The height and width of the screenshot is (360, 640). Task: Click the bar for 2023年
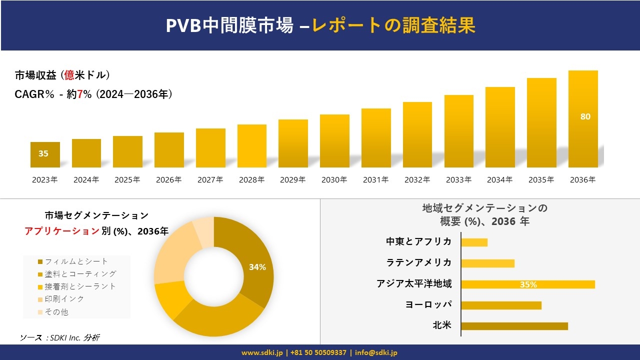pyautogui.click(x=45, y=154)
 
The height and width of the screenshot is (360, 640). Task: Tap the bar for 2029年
pyautogui.click(x=293, y=143)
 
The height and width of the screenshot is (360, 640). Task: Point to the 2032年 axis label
pyautogui.click(x=417, y=180)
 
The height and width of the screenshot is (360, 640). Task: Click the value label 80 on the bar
pyautogui.click(x=585, y=116)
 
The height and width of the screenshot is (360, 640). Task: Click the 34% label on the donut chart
pyautogui.click(x=257, y=267)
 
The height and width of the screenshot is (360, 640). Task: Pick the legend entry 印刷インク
pyautogui.click(x=64, y=299)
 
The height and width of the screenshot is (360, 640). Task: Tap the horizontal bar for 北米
pyautogui.click(x=514, y=326)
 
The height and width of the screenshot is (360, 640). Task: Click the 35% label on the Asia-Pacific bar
pyautogui.click(x=528, y=284)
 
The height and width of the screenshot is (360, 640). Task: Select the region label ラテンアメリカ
pyautogui.click(x=419, y=262)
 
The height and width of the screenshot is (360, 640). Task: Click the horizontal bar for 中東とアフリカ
pyautogui.click(x=474, y=242)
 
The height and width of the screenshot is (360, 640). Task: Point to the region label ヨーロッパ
pyautogui.click(x=428, y=304)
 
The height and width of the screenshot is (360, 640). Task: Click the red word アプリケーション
pyautogui.click(x=62, y=231)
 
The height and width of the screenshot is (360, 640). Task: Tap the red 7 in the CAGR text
pyautogui.click(x=80, y=94)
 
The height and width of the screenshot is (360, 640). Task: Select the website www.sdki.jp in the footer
pyautogui.click(x=262, y=352)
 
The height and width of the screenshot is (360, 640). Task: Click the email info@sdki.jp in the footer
pyautogui.click(x=376, y=352)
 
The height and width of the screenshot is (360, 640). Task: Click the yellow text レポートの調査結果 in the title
pyautogui.click(x=393, y=25)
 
